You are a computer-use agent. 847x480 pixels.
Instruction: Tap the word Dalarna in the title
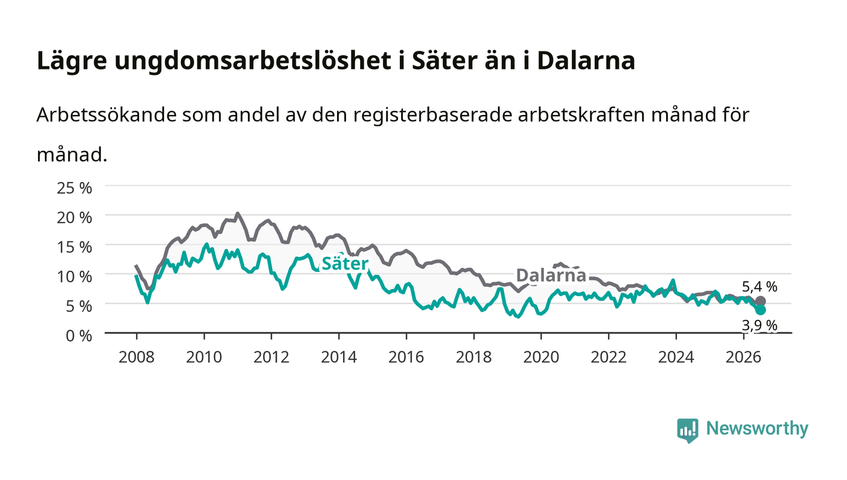click(x=586, y=61)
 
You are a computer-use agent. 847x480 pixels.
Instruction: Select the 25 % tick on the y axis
click(x=74, y=188)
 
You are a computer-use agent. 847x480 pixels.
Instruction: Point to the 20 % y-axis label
click(x=74, y=217)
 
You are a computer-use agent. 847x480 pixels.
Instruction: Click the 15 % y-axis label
click(x=74, y=247)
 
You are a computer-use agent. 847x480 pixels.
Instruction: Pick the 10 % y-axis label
click(x=74, y=276)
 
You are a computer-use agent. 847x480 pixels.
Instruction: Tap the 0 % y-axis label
click(x=79, y=336)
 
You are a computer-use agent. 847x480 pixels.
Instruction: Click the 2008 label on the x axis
click(x=137, y=357)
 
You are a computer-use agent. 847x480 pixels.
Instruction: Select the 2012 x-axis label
click(x=271, y=357)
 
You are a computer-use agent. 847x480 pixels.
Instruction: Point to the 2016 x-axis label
click(x=406, y=357)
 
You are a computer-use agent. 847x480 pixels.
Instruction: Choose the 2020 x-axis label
click(x=541, y=357)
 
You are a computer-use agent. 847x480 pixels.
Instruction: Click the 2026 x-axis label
click(x=744, y=357)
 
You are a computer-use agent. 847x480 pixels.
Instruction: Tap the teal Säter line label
click(x=345, y=264)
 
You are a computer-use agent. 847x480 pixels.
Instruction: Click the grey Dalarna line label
click(x=551, y=275)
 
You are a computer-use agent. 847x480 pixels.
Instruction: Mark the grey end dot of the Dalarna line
click(x=760, y=301)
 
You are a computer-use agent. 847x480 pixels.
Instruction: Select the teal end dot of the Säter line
click(x=760, y=310)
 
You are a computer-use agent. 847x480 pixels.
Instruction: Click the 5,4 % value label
click(x=760, y=287)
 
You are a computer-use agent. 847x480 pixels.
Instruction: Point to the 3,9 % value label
click(x=760, y=325)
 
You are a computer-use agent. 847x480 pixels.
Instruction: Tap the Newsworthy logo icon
click(x=688, y=430)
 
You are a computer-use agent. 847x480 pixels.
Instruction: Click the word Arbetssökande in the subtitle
click(x=106, y=115)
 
